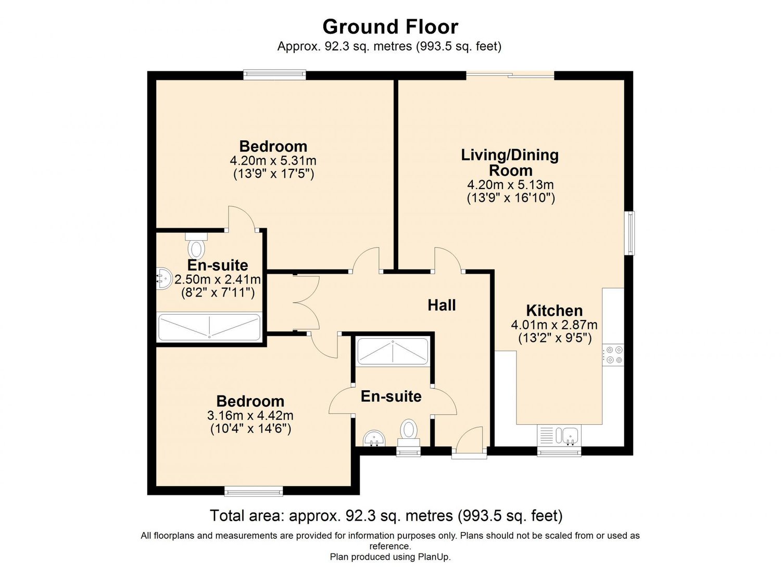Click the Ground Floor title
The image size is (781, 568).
(x=390, y=27)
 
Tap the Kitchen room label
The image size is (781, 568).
(x=555, y=311)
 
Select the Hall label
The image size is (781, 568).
(x=442, y=305)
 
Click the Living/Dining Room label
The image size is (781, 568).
(x=510, y=163)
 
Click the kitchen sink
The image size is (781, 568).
(x=560, y=436)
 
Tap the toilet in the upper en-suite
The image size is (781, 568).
(x=196, y=245)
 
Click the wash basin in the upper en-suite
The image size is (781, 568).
(x=164, y=278)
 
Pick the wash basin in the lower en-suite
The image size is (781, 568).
(x=374, y=439)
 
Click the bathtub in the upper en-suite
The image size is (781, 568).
(x=209, y=327)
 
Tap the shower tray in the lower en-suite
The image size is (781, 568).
(x=393, y=352)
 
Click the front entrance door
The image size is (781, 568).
(x=470, y=441)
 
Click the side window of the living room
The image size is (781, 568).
(x=629, y=233)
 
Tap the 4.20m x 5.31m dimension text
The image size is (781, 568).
(x=273, y=161)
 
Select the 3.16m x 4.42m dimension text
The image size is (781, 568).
(x=250, y=415)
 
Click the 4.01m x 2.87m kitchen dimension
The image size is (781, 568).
(x=555, y=325)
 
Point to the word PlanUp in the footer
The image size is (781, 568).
(x=434, y=557)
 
